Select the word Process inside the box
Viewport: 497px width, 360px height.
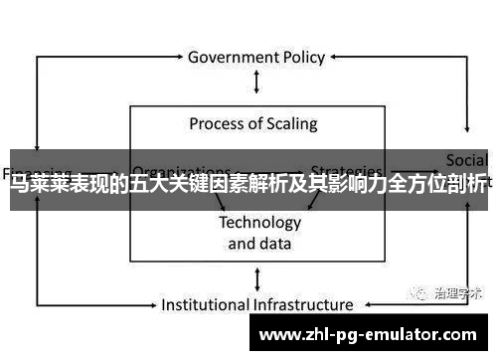[x=218, y=124]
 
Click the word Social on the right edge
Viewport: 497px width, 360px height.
[x=466, y=159]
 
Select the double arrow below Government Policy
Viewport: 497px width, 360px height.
[x=258, y=83]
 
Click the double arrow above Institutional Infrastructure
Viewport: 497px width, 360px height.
[x=258, y=278]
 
